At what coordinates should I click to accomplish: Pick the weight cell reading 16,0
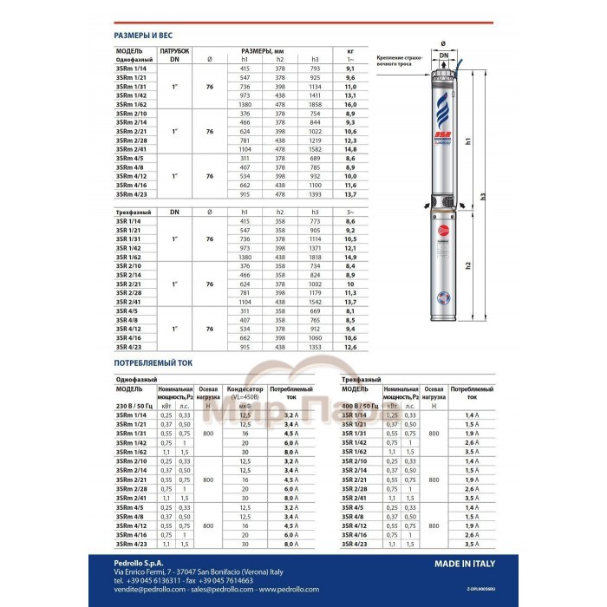(349, 103)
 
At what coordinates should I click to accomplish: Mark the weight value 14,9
(349, 258)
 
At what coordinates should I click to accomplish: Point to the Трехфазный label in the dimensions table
(135, 212)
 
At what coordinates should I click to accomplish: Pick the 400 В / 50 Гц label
(361, 406)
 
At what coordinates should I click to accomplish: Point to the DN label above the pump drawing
(444, 55)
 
